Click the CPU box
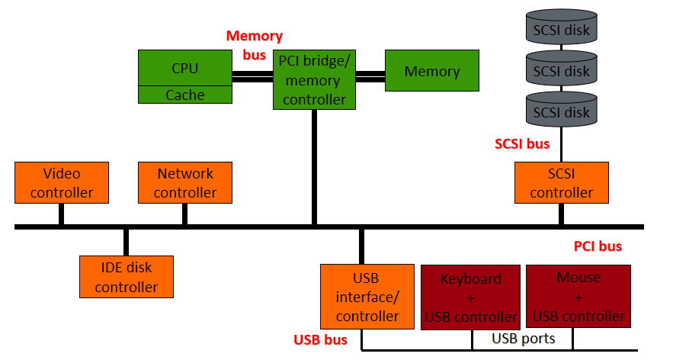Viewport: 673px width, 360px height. point(185,68)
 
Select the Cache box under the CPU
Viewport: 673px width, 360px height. point(185,95)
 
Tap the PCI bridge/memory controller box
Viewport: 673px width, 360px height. point(314,79)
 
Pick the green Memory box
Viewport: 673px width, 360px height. point(432,70)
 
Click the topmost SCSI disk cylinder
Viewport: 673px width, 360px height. point(562,27)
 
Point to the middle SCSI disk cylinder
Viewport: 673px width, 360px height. point(562,68)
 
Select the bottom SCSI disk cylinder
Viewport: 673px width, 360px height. point(562,109)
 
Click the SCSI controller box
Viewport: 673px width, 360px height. point(562,182)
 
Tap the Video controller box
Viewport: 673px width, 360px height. point(62,182)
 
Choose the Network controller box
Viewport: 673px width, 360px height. point(185,182)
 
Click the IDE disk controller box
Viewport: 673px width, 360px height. point(127,277)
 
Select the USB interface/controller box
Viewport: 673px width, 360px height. point(367,297)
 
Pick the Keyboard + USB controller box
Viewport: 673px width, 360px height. point(470,297)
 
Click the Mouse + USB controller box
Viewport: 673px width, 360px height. point(578,297)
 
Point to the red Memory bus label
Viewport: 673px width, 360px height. point(254,45)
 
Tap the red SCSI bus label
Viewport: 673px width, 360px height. point(522,144)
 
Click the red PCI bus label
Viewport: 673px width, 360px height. point(598,246)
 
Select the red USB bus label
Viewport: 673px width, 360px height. point(320,340)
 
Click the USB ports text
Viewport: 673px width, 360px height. point(523,339)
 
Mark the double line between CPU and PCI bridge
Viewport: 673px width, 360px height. point(252,76)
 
